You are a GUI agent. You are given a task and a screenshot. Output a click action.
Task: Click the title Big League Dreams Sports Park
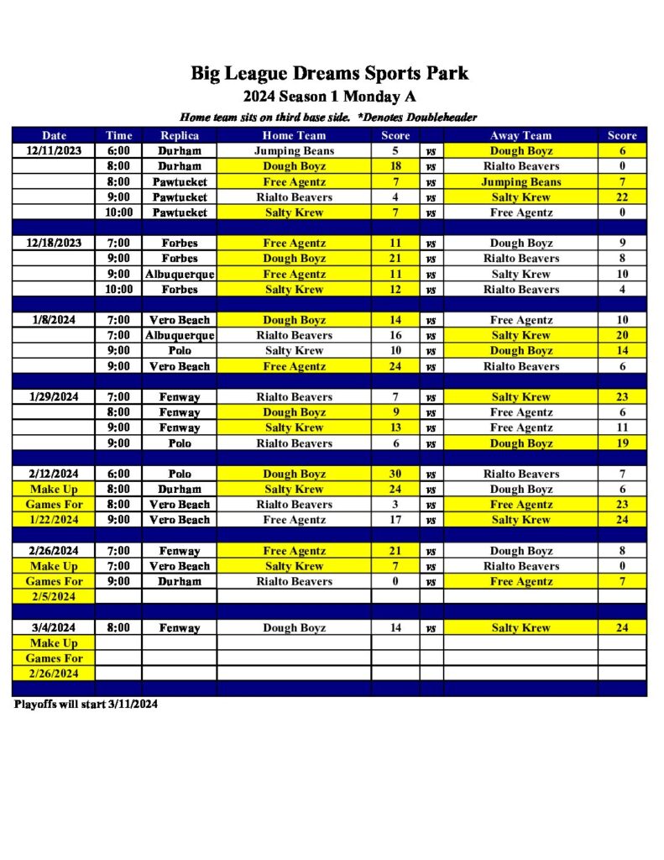(x=329, y=73)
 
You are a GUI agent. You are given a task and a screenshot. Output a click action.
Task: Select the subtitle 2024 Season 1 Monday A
(x=329, y=96)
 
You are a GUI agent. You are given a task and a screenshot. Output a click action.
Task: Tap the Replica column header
(x=180, y=135)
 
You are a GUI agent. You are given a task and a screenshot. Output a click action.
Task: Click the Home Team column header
(x=294, y=135)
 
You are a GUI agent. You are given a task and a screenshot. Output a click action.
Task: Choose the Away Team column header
(x=520, y=135)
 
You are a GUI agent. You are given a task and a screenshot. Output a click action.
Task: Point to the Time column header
(x=118, y=135)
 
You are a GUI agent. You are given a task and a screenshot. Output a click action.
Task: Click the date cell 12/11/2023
(x=55, y=151)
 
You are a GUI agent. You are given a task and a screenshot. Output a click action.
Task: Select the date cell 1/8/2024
(x=55, y=320)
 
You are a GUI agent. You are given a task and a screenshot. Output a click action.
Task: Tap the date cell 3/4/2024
(x=55, y=627)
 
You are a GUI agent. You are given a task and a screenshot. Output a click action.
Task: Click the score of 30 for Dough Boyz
(x=395, y=474)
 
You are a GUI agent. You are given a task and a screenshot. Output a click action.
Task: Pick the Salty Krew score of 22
(x=622, y=197)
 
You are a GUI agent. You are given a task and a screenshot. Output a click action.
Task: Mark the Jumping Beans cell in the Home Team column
(x=294, y=151)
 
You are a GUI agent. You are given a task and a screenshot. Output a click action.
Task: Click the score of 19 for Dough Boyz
(x=622, y=443)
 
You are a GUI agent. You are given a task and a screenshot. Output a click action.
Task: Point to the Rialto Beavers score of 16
(x=395, y=335)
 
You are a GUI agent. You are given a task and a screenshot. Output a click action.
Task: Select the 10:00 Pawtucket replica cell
(x=180, y=212)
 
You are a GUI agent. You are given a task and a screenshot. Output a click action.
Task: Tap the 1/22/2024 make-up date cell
(x=55, y=520)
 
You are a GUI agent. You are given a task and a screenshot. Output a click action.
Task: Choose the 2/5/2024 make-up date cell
(x=55, y=596)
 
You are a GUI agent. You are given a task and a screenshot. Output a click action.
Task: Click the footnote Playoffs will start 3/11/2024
(x=86, y=705)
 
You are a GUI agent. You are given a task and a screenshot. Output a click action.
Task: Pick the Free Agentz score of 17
(x=395, y=520)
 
